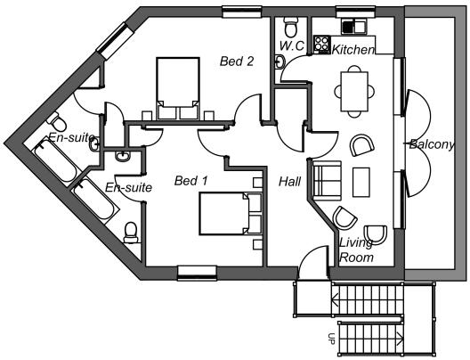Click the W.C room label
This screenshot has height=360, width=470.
tap(292, 46)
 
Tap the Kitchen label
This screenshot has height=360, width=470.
tap(353, 50)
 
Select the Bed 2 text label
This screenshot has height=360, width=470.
tap(237, 61)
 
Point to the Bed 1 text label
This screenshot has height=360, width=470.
tap(190, 181)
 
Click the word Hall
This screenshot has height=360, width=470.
tap(290, 182)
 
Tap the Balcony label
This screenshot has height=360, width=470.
tap(432, 145)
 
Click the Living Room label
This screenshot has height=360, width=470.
tap(356, 250)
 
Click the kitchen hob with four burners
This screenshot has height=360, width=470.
tap(321, 44)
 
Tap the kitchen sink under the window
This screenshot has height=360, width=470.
tap(353, 27)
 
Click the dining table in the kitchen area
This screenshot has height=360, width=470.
tap(354, 91)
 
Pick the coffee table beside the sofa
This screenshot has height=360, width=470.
tap(361, 182)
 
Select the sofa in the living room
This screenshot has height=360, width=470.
tap(327, 181)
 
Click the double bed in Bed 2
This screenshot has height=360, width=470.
tap(178, 89)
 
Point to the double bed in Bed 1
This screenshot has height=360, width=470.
tap(231, 214)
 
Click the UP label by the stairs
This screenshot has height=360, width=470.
tap(331, 339)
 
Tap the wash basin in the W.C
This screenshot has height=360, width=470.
tap(280, 61)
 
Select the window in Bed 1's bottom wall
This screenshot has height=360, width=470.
tap(197, 273)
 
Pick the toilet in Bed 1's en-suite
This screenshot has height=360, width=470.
tap(132, 233)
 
